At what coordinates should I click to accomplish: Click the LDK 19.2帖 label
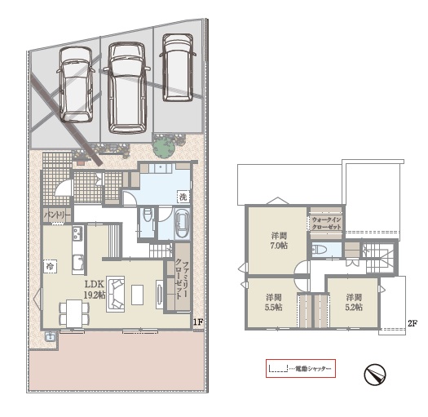coord(95,289)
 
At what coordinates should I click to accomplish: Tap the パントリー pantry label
coord(58,215)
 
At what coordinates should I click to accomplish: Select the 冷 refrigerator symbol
coord(50,266)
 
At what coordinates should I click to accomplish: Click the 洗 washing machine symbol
coord(183,196)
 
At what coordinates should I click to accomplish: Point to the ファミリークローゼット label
coord(182,280)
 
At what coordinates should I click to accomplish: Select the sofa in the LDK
coord(116,294)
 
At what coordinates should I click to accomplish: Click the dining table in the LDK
coord(74,313)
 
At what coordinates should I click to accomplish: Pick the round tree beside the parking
coord(164,147)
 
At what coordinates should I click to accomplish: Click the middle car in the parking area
coord(127,88)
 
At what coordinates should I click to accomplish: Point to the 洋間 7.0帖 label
coord(280,241)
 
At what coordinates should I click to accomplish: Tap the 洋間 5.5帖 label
coord(274,302)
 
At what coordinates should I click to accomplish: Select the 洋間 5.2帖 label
coord(354,302)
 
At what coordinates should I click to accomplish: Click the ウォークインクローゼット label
coord(326,224)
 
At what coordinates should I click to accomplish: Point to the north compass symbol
coord(375,375)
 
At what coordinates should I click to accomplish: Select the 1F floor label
coord(198,322)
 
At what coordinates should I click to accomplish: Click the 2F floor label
coord(413,323)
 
